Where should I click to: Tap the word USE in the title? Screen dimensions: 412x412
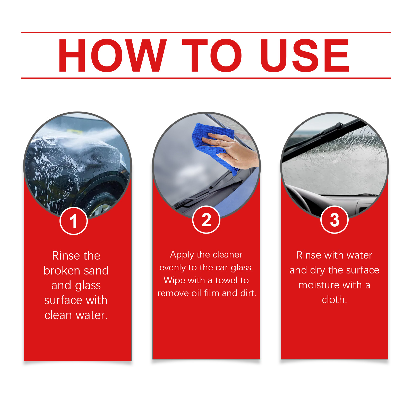coord(305,55)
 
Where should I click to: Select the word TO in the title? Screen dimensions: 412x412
coord(212,55)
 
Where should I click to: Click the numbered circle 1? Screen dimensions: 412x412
coord(74,221)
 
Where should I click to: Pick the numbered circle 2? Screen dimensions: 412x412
coord(206,220)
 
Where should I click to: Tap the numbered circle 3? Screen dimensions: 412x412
coord(334,220)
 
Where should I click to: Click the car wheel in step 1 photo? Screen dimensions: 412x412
coord(102,206)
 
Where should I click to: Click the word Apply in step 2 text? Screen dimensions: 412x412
coord(182,255)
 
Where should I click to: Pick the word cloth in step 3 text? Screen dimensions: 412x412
coord(334,300)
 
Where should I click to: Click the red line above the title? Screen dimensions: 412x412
coord(206,32)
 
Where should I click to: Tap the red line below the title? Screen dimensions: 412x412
coord(206,78)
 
